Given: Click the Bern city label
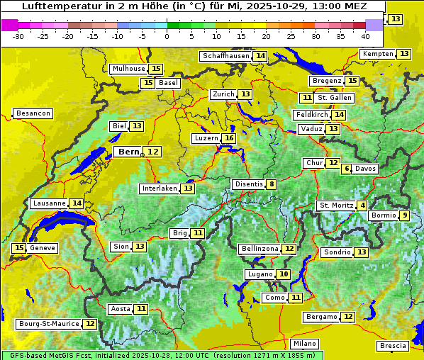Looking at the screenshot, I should pos(128,152).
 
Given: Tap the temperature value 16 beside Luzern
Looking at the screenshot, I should pos(229,138).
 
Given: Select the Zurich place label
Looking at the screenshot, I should pos(223,94).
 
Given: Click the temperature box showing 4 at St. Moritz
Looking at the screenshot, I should pos(363,206).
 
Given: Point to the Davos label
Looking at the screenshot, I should pos(366,169).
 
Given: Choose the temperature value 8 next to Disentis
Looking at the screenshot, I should pos(272,184).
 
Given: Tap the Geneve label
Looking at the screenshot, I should pos(43,248).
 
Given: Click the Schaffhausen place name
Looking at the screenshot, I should pos(225,56).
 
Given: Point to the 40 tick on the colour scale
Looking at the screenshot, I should pos(365,35).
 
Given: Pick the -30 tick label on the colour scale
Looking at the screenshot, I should pos(18,35).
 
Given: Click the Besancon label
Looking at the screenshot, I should pos(33,113).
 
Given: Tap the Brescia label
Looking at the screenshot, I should pos(393,346).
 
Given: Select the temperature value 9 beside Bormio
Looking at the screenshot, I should pos(404,215).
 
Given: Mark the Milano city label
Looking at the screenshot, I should pos(305,343).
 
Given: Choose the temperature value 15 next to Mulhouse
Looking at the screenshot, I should pos(156,69).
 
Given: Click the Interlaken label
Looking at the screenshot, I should pos(160,189).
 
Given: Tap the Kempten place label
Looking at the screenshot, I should pos(378,54).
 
